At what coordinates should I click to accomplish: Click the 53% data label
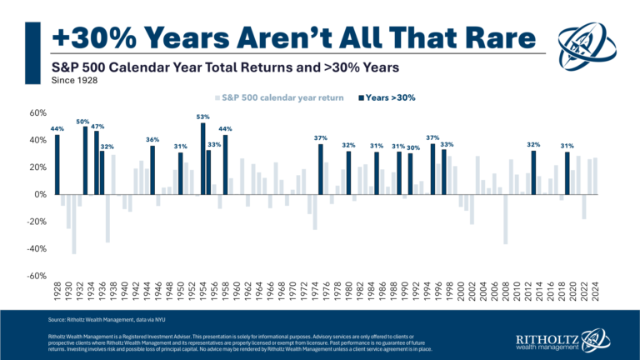click(x=202, y=117)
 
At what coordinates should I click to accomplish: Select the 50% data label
click(x=83, y=122)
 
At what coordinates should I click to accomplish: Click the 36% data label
click(x=152, y=139)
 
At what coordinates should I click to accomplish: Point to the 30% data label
click(x=413, y=147)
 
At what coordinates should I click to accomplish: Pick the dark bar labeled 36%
click(x=152, y=170)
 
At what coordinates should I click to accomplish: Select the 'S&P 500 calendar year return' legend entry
click(x=279, y=97)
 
